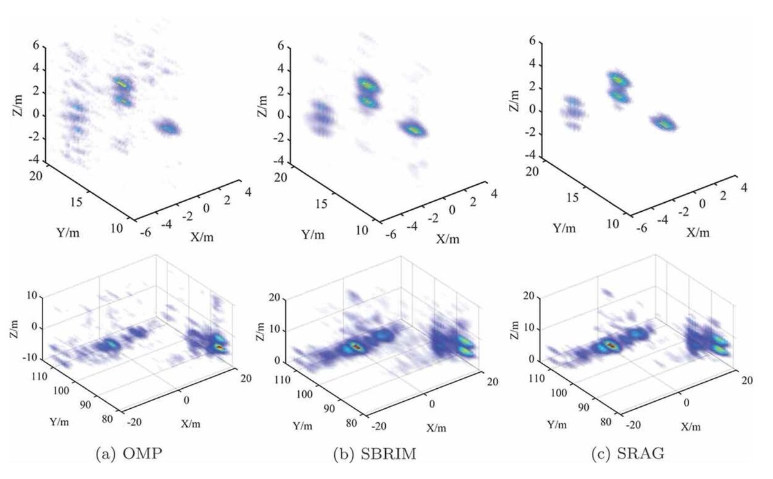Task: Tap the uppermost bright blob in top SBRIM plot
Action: pyautogui.click(x=367, y=84)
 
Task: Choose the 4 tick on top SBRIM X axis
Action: pyautogui.click(x=493, y=193)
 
